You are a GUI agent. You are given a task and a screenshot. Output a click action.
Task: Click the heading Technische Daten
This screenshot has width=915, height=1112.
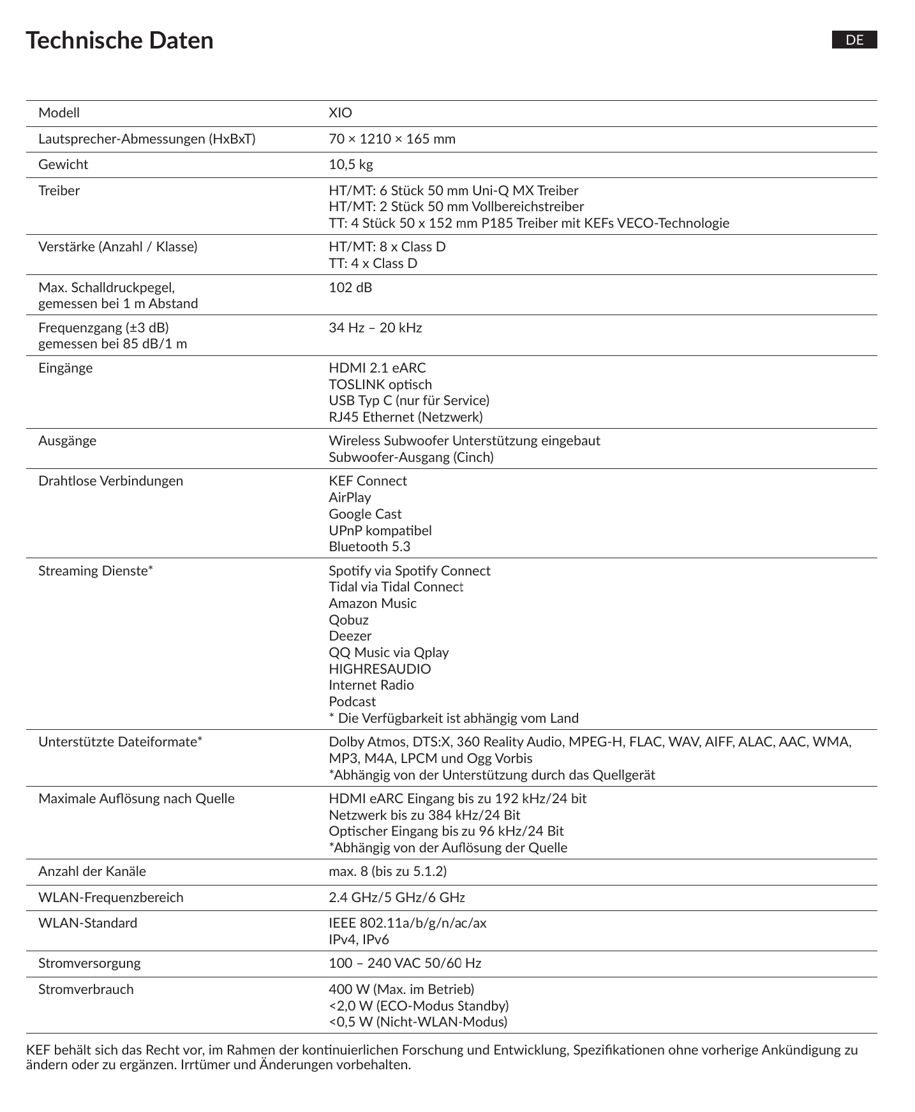[119, 40]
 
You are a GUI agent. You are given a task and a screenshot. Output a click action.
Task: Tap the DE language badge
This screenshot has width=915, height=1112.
[854, 40]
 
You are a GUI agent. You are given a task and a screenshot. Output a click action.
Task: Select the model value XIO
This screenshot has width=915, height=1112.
[340, 113]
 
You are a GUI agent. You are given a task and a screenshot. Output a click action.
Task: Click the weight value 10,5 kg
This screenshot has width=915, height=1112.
[350, 165]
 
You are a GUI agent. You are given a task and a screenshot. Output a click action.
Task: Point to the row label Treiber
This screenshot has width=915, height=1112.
[59, 191]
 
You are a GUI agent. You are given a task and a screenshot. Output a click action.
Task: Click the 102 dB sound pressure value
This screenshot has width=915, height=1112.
[350, 287]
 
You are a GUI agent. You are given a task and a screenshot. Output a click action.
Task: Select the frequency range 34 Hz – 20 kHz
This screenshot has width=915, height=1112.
[375, 328]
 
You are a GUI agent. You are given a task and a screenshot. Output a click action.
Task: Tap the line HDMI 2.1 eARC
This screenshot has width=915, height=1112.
[377, 368]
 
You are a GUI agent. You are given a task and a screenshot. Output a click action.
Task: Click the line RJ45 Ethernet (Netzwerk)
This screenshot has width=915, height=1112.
[405, 417]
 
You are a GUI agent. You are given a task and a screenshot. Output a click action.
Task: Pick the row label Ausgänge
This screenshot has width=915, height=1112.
[67, 441]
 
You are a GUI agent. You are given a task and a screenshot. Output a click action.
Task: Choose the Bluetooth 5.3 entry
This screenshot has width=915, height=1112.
[369, 547]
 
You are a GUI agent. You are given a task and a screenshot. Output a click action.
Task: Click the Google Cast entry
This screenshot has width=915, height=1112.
[365, 514]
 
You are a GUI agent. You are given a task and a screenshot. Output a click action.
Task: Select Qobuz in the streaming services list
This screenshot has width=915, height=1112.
[348, 620]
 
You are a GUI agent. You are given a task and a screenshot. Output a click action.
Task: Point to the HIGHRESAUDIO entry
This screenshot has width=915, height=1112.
[380, 669]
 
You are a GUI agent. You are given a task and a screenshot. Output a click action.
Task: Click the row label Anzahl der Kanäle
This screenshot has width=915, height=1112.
[92, 871]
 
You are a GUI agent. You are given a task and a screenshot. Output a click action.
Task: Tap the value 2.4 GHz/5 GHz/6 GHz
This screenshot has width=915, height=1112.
[396, 898]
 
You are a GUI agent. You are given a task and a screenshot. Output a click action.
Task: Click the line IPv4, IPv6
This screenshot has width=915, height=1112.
[359, 940]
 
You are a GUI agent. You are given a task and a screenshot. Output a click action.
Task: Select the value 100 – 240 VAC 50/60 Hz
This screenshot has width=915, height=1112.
[405, 963]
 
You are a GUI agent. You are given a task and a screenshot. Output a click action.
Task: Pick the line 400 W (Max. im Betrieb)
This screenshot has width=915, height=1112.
[401, 990]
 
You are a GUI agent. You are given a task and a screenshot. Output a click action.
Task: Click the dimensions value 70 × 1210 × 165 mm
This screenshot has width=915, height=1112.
[392, 139]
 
